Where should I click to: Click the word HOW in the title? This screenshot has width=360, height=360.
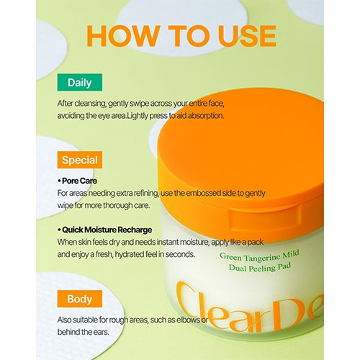(x=123, y=36)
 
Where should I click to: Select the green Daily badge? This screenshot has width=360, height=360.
(x=80, y=82)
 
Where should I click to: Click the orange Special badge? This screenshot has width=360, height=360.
(x=80, y=160)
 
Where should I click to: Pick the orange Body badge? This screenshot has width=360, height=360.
(x=80, y=299)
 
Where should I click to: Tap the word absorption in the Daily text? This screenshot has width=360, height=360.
(x=206, y=116)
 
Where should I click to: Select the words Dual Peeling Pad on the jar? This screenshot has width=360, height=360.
(x=260, y=268)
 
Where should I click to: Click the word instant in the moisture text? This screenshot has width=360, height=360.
(x=167, y=242)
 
